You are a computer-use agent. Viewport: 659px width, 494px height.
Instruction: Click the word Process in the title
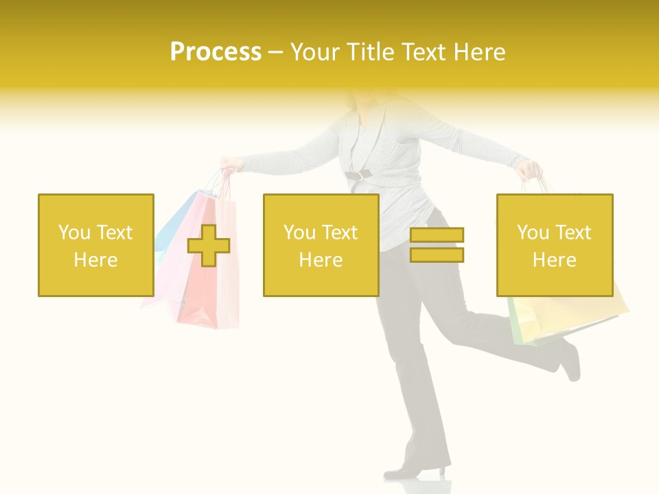[216, 52]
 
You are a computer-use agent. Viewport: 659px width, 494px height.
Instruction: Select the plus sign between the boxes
[209, 246]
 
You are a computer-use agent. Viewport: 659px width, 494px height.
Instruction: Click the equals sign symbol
[437, 245]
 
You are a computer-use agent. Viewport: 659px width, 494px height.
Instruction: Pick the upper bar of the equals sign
[437, 235]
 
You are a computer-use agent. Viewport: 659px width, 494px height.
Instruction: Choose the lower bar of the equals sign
[437, 255]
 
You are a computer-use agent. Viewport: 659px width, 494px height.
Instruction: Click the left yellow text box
[96, 245]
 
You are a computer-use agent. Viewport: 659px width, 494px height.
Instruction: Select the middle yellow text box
[321, 245]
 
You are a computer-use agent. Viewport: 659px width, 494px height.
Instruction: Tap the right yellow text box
[555, 245]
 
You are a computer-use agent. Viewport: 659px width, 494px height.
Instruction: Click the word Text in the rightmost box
[574, 233]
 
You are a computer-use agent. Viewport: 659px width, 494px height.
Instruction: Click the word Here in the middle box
[321, 260]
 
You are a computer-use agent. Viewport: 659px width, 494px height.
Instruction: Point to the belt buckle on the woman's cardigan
[356, 176]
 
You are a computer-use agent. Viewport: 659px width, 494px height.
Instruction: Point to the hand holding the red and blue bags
[231, 163]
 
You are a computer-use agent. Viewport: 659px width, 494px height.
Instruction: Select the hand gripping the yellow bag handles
[531, 169]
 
